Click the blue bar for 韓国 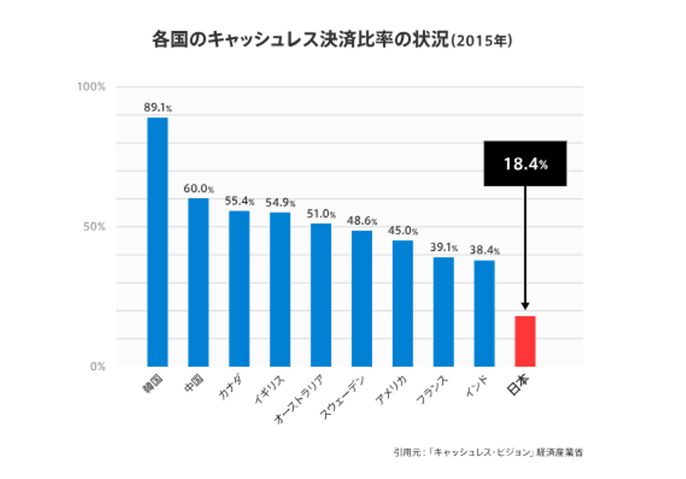[x=157, y=242]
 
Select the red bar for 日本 [x=525, y=341]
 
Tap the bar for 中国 [x=198, y=282]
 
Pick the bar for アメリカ [x=403, y=303]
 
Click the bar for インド [x=484, y=313]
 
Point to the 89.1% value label [x=158, y=108]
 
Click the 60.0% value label [x=199, y=188]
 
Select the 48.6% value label [x=362, y=221]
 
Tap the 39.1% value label [x=444, y=247]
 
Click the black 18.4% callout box [x=525, y=164]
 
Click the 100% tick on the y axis [x=91, y=87]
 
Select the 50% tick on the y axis [x=94, y=226]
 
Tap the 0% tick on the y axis [x=97, y=366]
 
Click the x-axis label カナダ [x=230, y=387]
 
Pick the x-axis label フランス [x=432, y=390]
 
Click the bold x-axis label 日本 [x=518, y=384]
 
